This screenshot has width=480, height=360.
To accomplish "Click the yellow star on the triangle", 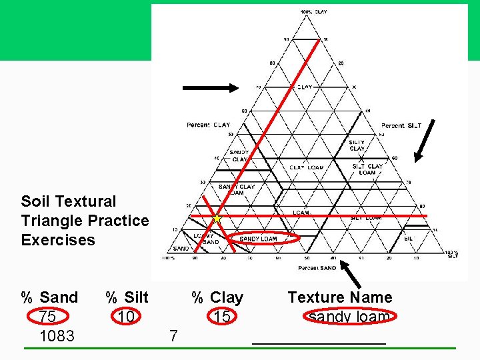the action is coord(216,218).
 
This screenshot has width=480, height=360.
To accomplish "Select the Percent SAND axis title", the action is coord(317,267).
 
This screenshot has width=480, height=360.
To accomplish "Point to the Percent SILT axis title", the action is coord(401,125).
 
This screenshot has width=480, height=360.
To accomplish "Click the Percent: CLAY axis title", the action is coord(208,125).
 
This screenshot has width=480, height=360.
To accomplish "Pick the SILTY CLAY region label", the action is coord(357,145).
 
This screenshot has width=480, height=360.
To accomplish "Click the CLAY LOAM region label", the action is coord(306,167).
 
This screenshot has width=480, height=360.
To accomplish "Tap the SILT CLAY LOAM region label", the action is coord(367,169).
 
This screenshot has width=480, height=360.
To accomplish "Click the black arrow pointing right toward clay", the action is coord(210,87).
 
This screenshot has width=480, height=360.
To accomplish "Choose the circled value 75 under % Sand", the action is coord(47,317).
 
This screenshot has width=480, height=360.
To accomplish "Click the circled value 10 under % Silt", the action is coord(126,317).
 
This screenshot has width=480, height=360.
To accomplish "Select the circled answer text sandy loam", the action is coord(349,317).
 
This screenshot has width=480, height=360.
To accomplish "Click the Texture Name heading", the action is coord(339,297).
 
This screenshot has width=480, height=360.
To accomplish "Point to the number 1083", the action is coord(57,335).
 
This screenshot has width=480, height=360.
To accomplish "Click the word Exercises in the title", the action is coord(58,240).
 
